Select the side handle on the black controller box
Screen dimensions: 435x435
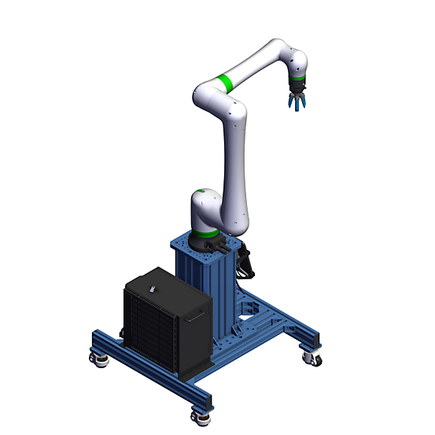pyautogui.click(x=196, y=318)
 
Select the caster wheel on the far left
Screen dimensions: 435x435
pyautogui.click(x=100, y=360)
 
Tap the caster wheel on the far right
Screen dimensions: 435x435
pyautogui.click(x=314, y=359)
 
